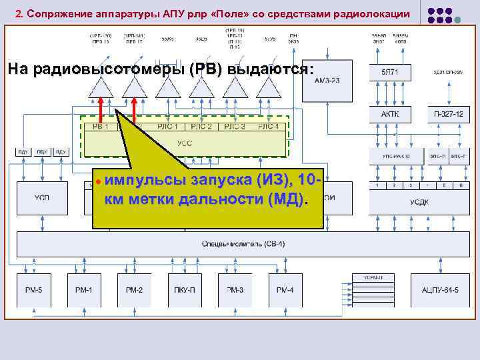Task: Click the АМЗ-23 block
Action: (327, 80)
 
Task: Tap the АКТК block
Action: (389, 114)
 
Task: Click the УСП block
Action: (42, 197)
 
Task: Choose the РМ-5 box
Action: (33, 289)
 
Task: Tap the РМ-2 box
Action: (134, 289)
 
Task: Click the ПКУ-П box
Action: (185, 289)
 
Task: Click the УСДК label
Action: (419, 202)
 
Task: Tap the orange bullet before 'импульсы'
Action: (97, 181)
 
